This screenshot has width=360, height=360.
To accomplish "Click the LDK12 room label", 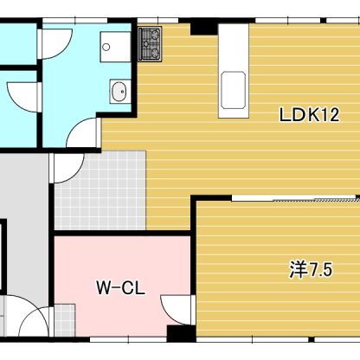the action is (309, 115).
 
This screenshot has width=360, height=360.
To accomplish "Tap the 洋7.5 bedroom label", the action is (311, 270).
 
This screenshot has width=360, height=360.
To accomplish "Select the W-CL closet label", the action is (120, 288).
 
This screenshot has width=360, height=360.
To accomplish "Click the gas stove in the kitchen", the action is (150, 44).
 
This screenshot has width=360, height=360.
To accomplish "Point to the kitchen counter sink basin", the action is (234, 90).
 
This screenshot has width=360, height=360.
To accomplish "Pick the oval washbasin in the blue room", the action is (119, 92).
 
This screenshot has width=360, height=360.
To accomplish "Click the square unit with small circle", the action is (115, 47).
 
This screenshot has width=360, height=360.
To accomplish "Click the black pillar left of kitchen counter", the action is (204, 27).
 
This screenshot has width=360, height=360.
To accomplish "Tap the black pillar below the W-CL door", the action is (182, 334).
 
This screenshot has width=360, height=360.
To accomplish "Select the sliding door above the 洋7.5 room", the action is (295, 199).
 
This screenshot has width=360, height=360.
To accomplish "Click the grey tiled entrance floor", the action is (100, 190).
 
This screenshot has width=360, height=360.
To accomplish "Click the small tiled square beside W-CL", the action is (65, 320).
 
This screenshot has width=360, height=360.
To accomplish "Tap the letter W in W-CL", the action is (104, 288).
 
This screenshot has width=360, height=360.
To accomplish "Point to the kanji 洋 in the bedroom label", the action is (299, 270).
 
